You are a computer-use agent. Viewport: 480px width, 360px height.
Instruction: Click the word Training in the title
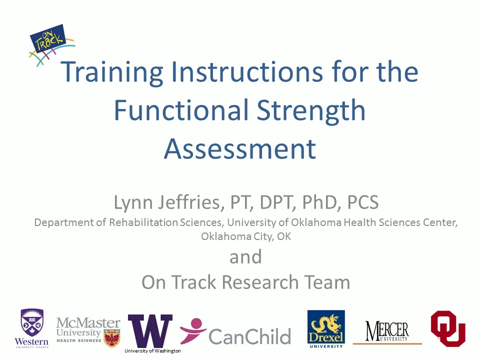click(111, 71)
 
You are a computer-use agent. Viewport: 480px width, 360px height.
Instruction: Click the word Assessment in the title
click(240, 148)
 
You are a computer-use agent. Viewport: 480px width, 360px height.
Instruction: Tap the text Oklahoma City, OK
click(245, 236)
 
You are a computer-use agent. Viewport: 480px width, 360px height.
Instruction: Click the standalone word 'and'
click(245, 257)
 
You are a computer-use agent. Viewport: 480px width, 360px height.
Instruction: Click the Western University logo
click(31, 328)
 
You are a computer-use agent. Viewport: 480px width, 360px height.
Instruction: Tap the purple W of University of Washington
click(150, 330)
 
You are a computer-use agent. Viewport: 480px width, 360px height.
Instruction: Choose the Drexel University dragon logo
click(326, 328)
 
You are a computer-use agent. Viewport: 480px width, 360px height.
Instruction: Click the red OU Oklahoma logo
click(448, 328)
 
